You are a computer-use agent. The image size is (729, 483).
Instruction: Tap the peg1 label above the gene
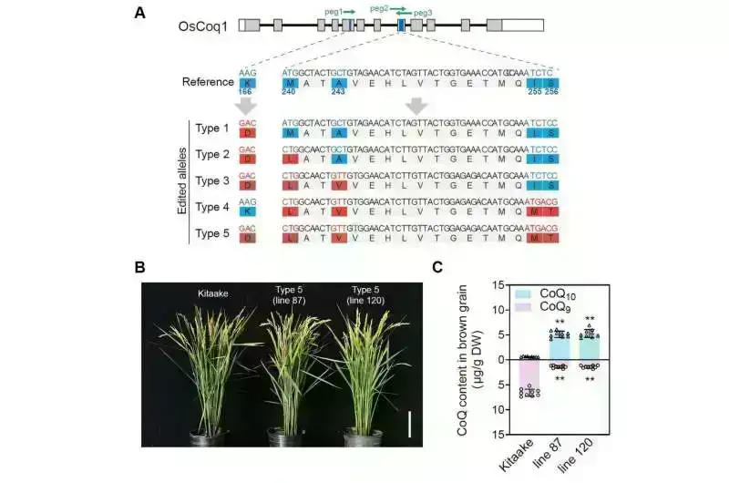pos(334,11)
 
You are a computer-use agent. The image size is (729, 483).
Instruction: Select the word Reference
pos(207,81)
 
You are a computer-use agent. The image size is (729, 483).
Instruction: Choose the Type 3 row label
pos(213,179)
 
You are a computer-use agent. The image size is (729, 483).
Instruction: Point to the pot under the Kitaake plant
pos(210,437)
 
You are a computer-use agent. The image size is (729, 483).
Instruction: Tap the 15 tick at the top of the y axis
pos(498,285)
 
